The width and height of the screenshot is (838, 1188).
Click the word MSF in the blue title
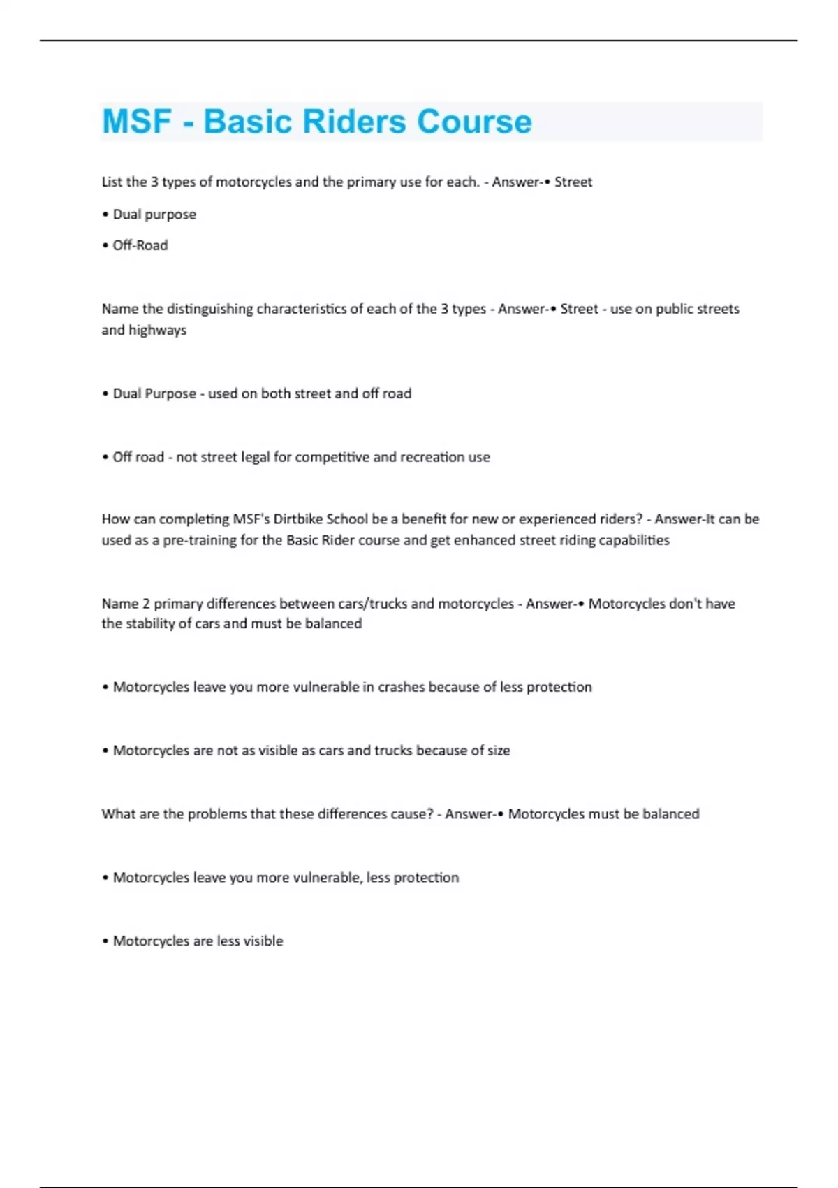(137, 122)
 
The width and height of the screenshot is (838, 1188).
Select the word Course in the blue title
(474, 122)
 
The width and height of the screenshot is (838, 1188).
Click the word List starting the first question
(112, 182)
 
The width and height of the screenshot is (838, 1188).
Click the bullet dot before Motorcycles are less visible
(105, 941)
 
